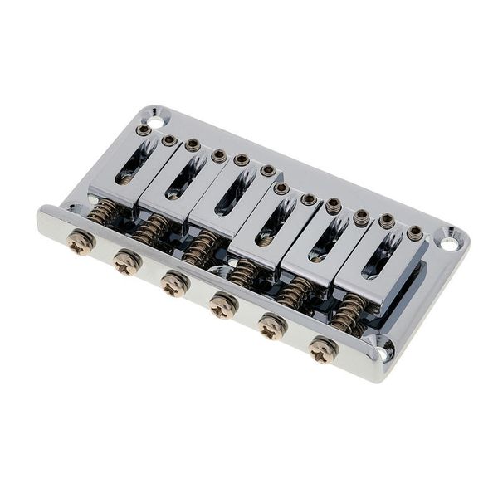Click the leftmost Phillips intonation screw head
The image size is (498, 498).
tap(81, 244)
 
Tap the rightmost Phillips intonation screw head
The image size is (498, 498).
tap(322, 349)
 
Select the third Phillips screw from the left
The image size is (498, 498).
tap(174, 285)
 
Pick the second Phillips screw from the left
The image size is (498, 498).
tap(127, 264)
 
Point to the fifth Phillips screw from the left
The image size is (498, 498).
tap(273, 328)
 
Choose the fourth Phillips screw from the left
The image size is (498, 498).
tap(223, 306)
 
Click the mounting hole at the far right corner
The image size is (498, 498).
tap(448, 243)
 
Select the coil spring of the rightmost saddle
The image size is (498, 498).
tap(349, 313)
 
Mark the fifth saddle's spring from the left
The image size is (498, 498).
tap(296, 290)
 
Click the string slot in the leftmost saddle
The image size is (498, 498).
tap(134, 163)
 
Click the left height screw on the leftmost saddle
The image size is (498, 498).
tap(144, 130)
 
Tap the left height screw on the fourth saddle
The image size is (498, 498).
tap(282, 188)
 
